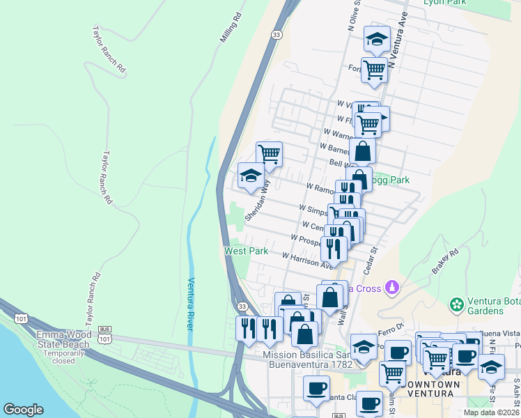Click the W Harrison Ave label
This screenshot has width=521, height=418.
308,260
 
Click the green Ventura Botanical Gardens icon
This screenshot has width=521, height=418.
457,304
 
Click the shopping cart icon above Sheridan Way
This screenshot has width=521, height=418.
269,153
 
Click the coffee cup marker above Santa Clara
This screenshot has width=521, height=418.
316,388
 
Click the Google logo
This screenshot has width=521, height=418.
24,410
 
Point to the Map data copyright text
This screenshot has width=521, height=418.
492,412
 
